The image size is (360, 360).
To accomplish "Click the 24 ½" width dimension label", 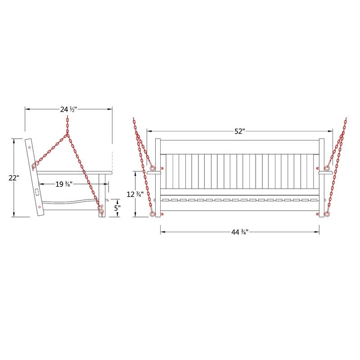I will point(68,109).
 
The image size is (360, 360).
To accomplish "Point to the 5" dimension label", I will point(116,208).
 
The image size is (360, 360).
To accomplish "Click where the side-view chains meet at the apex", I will point(67,135).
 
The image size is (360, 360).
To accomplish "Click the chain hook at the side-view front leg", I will point(101,210).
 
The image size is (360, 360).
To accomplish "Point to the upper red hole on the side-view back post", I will point(29,147).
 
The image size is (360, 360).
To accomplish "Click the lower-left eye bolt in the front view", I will point(153,214).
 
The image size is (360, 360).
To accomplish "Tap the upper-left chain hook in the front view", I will point(152,169).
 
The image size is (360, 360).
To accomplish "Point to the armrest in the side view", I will point(74,172).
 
